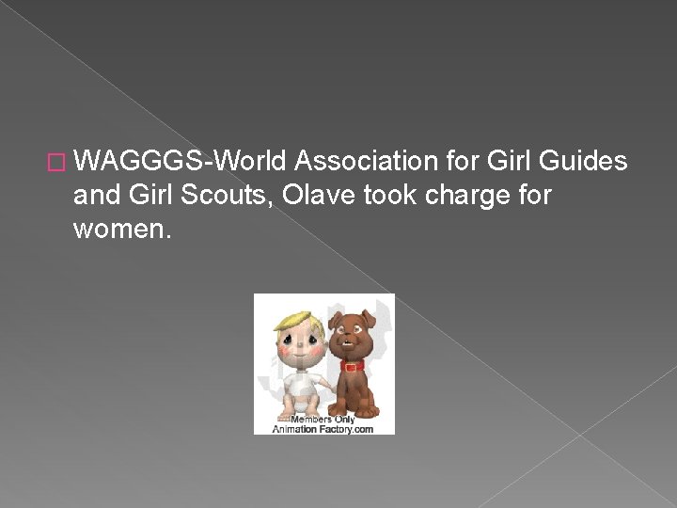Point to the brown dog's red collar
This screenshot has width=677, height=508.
point(353,366)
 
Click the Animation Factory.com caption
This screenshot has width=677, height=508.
point(323,428)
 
